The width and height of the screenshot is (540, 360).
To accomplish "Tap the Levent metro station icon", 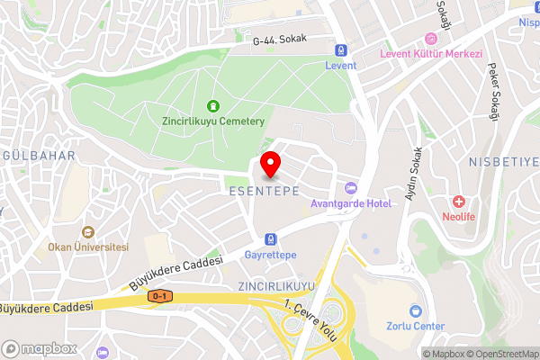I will tap(341, 50).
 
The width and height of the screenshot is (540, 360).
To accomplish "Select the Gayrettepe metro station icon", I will tap(270, 239).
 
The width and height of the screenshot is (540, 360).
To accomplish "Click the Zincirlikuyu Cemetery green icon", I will tap(213, 105).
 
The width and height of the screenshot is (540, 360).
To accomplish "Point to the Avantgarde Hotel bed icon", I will tap(351, 187).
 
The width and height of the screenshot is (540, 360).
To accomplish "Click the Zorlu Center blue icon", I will tap(415, 310).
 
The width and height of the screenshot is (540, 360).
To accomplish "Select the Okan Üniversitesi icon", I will tap(88, 231).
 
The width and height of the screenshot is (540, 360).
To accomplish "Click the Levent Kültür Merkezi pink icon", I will tap(431, 38).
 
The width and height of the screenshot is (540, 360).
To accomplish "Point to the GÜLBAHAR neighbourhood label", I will tap(37, 156).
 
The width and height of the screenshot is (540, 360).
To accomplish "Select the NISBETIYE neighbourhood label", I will tap(503, 162).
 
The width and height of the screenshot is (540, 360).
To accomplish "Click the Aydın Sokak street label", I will tap(415, 173).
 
